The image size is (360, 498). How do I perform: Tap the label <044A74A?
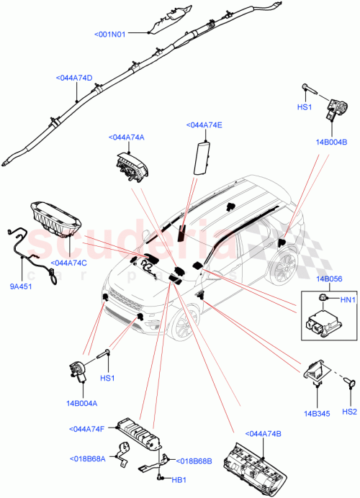126,137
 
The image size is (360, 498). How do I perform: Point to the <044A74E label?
204,124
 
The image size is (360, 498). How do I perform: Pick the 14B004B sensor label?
332,142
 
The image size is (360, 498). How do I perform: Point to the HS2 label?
349,412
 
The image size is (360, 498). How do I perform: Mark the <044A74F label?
88,430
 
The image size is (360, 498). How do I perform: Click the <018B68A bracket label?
88,458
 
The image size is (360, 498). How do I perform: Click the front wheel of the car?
180,330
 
